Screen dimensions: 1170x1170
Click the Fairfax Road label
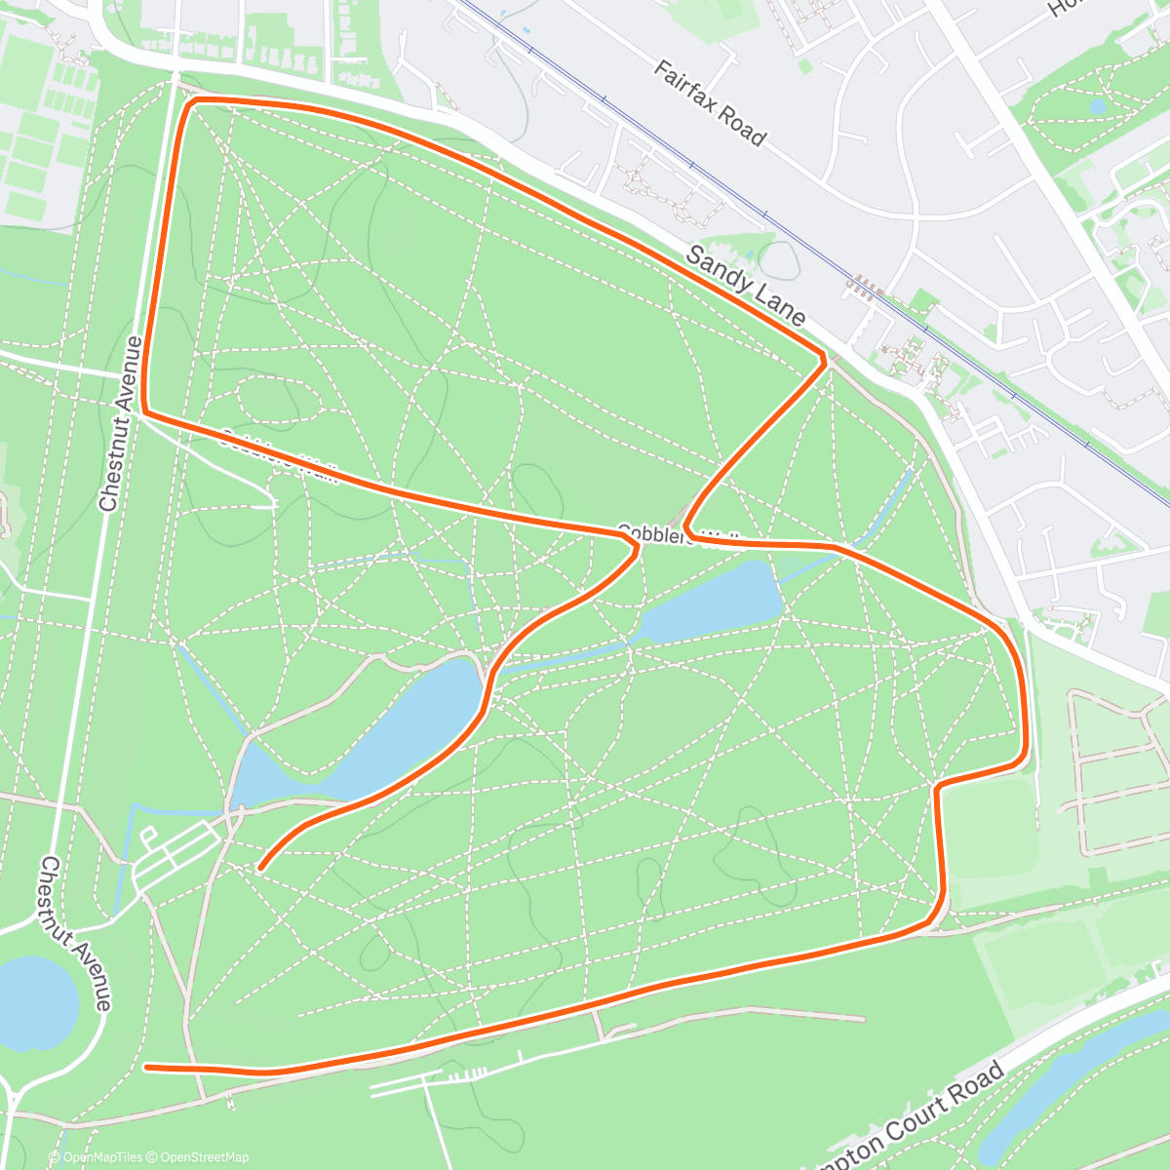point(709,102)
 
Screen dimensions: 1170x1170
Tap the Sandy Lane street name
point(746,285)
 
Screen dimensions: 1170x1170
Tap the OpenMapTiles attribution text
point(102,1157)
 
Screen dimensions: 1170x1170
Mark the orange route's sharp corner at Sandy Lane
point(825,360)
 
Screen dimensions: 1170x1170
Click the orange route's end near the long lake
point(260,865)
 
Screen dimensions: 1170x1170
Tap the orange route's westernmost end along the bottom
point(147,1068)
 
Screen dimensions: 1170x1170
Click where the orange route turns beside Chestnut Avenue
point(145,409)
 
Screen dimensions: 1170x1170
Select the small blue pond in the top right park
point(1098,104)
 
